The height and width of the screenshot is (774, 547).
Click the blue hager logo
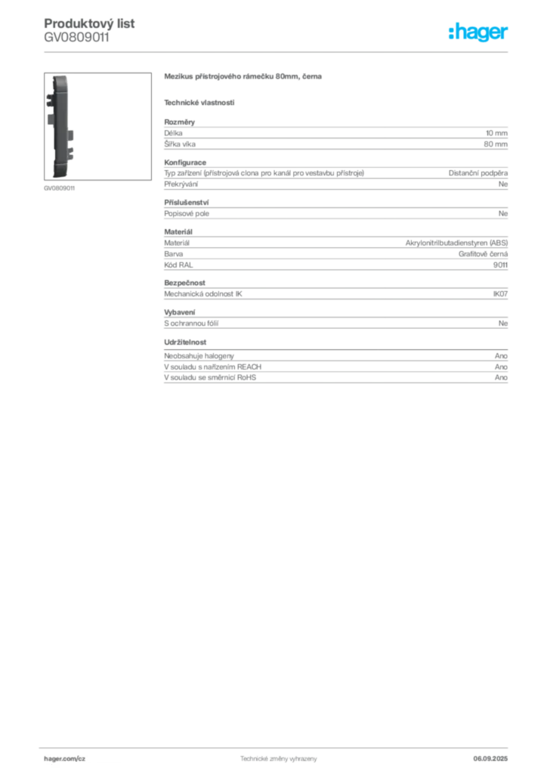point(480,33)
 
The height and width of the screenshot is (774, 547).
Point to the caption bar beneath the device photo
point(60,187)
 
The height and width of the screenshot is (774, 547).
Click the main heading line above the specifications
point(245,78)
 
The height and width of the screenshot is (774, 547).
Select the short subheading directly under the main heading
point(199,102)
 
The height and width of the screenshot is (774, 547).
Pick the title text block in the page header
point(91,30)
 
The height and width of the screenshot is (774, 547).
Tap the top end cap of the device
point(60,79)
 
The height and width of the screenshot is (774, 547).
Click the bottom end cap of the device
point(60,175)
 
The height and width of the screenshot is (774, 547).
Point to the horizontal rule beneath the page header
point(277,52)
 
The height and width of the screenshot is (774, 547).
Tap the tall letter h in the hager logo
point(452,33)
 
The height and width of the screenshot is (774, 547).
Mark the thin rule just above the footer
point(277,747)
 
